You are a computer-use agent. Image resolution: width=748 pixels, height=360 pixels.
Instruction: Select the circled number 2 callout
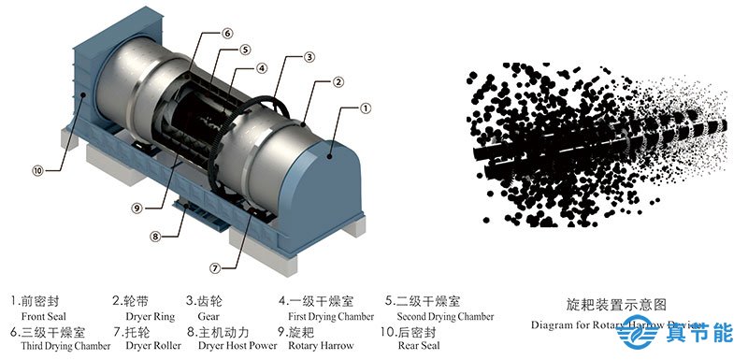[x=337, y=82]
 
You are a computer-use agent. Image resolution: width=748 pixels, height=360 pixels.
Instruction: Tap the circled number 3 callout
[x=309, y=58]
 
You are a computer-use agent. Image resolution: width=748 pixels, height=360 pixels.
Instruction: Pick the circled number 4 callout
[x=263, y=67]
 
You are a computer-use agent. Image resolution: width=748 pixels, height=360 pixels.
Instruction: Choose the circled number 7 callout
[x=215, y=267]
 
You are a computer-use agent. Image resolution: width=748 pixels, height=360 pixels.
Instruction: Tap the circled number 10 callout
[x=37, y=170]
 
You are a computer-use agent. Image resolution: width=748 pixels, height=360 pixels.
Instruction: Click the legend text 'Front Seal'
[x=41, y=317]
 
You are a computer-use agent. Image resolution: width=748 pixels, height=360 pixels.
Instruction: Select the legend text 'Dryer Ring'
[x=145, y=317]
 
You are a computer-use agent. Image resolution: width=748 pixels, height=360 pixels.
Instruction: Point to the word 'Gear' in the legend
[x=209, y=317]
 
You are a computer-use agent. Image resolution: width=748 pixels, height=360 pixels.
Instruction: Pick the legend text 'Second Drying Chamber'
[x=445, y=317]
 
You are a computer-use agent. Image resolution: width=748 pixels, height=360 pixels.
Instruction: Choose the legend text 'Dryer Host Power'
[x=237, y=346]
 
